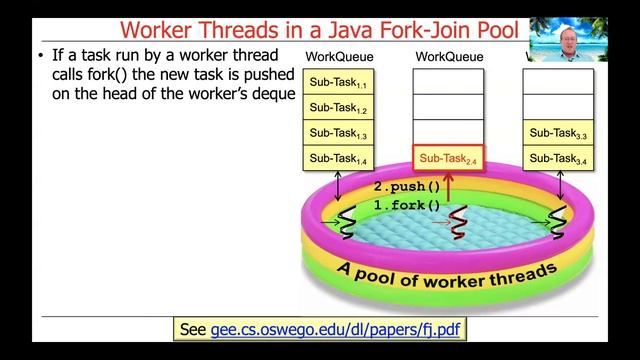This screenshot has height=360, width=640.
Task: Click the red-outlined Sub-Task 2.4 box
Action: tap(448, 158)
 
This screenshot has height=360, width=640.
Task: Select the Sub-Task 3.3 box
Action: tap(558, 132)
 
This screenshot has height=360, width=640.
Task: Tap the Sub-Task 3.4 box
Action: tap(558, 157)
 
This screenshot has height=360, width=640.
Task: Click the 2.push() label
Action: tap(407, 186)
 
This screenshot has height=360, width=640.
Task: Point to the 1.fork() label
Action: tap(407, 205)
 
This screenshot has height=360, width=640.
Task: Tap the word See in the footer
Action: tap(191, 329)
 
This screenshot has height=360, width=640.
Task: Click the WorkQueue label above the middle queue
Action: tap(448, 57)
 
